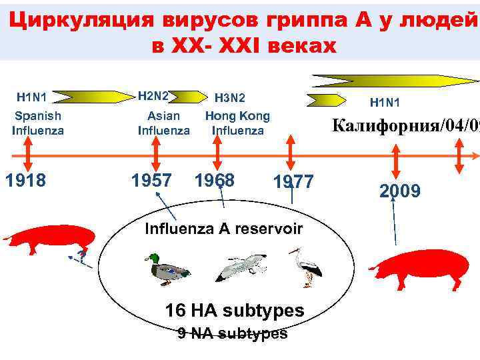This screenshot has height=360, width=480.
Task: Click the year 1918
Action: (26, 180)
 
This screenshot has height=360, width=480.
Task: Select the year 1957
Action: (153, 180)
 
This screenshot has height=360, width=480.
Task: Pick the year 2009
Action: (400, 191)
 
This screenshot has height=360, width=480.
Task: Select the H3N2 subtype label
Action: (230, 98)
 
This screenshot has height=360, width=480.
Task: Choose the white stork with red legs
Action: (306, 266)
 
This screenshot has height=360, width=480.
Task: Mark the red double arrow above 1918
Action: (26, 155)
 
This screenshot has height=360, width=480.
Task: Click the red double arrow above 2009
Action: (397, 161)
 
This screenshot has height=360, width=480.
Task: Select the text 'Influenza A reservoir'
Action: (223, 229)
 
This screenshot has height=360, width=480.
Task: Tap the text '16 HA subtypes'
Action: (234, 311)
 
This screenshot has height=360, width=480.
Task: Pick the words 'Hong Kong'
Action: (237, 116)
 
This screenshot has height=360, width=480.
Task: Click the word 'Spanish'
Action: (38, 116)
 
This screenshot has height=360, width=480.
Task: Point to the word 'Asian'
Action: (164, 116)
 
